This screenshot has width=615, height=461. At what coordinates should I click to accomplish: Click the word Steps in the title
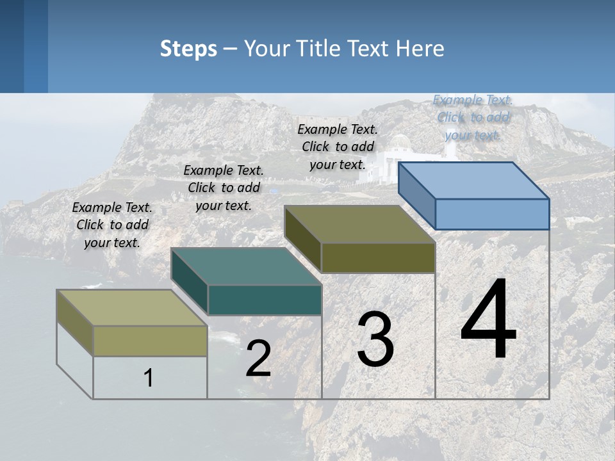tap(188, 49)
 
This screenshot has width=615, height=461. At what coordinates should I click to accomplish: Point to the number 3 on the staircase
tap(375, 339)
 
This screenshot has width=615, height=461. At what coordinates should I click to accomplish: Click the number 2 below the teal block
tap(258, 359)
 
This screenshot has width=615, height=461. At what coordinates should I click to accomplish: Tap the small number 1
tap(149, 378)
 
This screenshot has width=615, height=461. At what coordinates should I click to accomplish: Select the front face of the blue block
tap(492, 214)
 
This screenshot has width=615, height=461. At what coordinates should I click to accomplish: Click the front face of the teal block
tap(265, 300)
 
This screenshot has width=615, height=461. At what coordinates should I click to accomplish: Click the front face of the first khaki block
tap(151, 341)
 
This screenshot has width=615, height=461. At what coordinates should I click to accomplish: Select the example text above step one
tap(112, 225)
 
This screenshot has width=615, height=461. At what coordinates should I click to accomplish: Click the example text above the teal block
tap(224, 188)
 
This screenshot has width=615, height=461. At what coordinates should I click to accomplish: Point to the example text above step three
tap(338, 147)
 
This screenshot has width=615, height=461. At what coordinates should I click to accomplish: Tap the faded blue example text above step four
tap(473, 117)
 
